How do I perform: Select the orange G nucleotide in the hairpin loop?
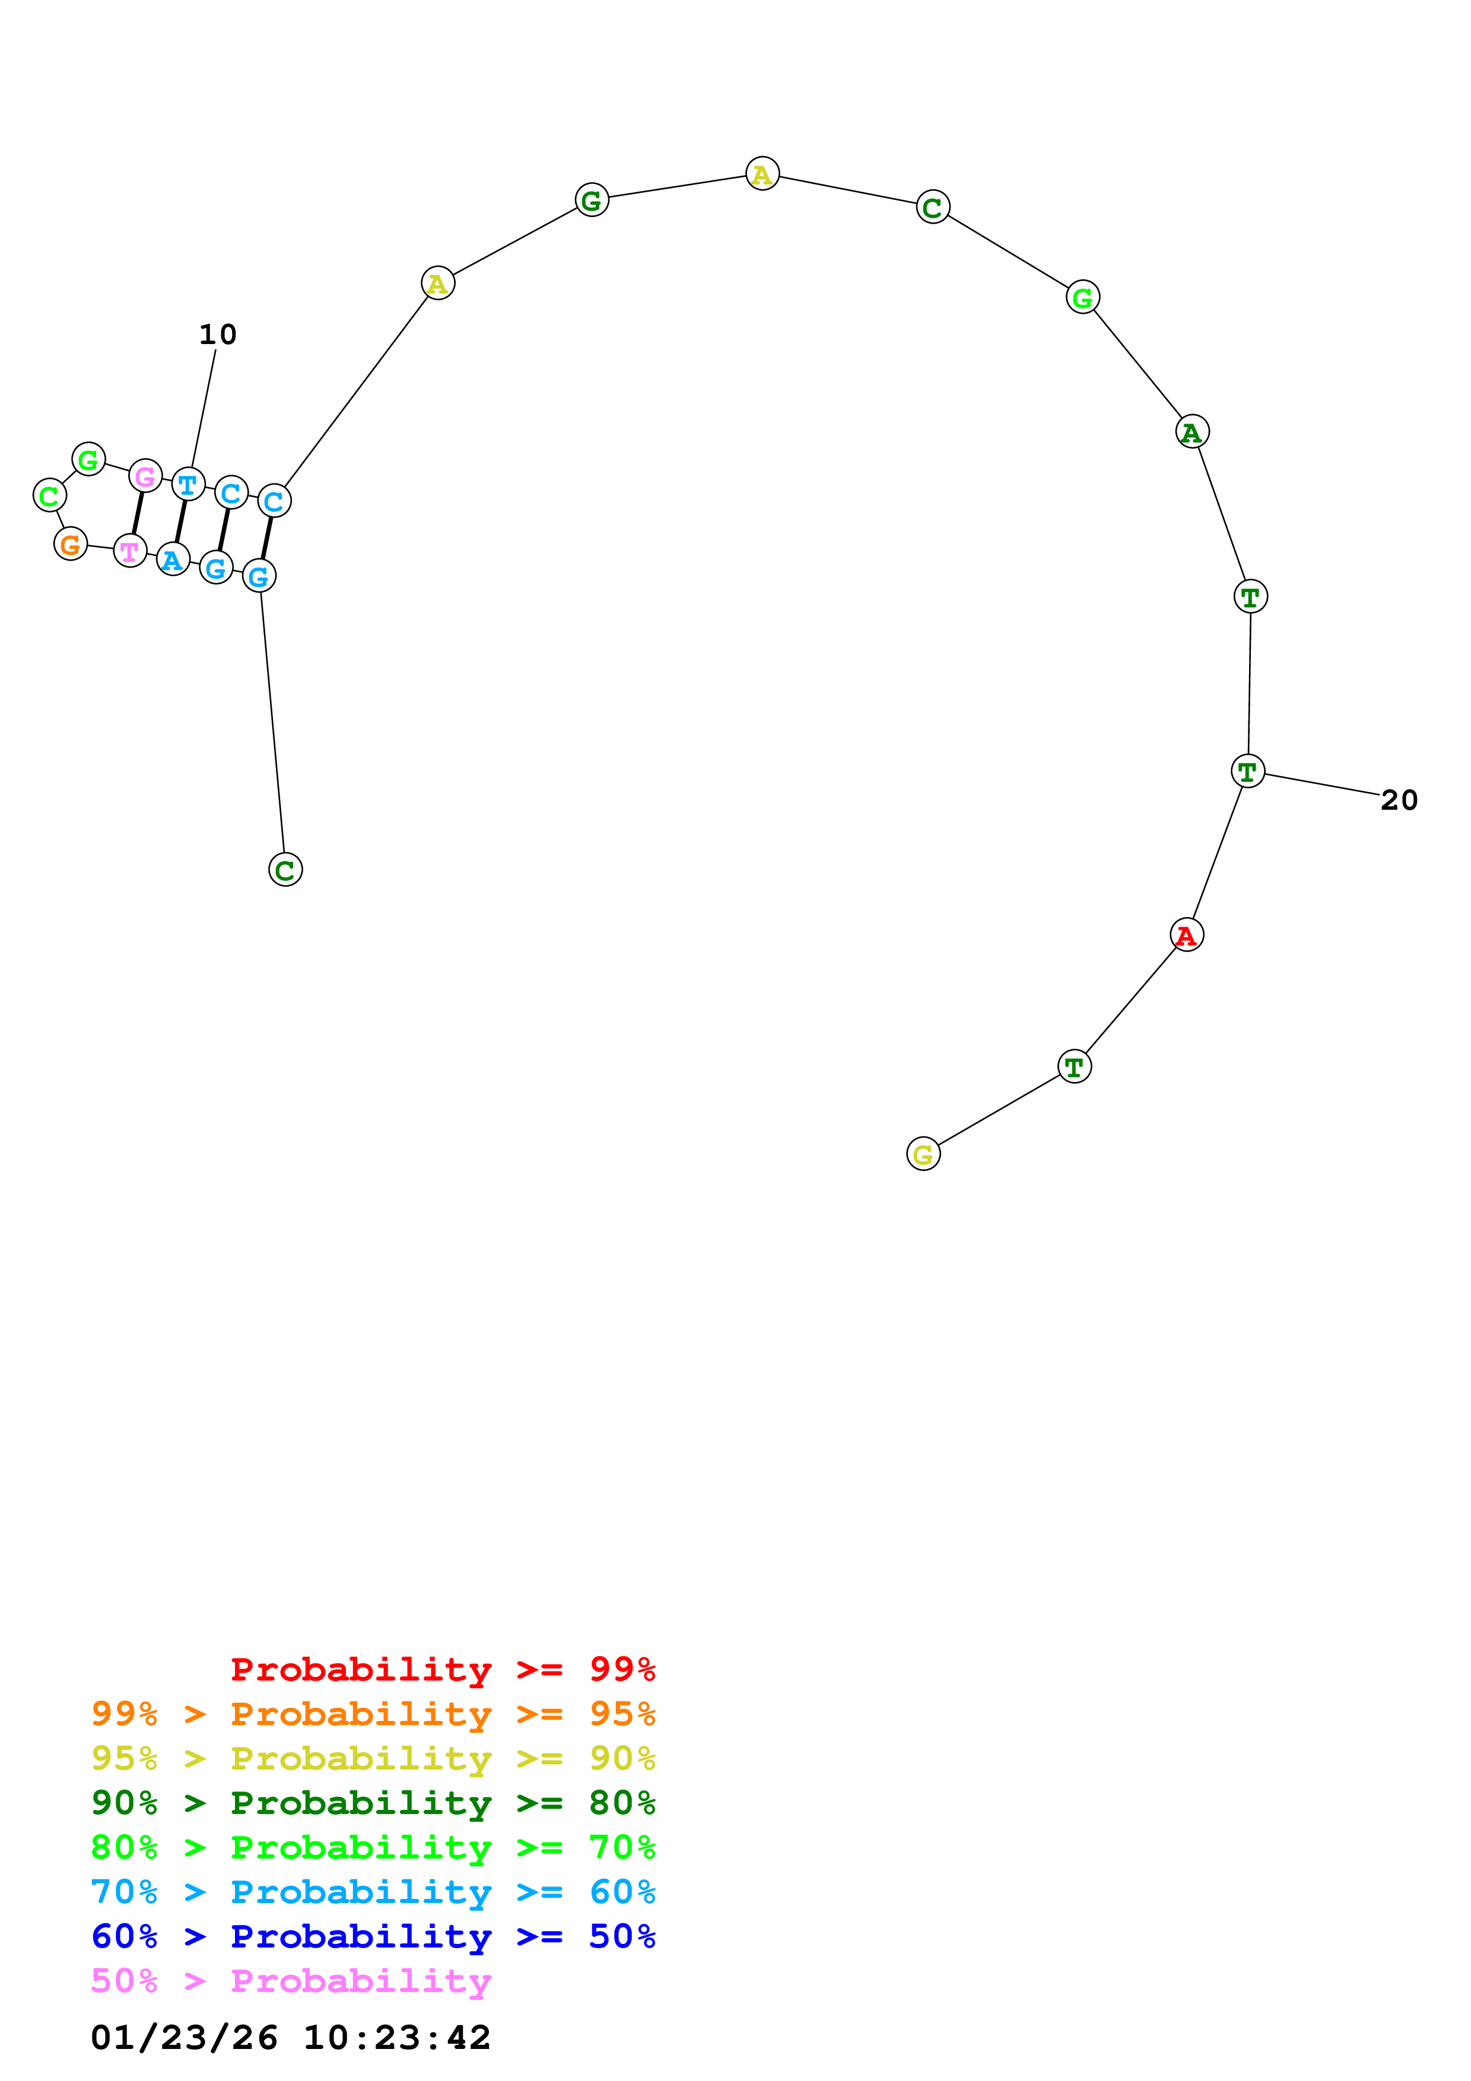[71, 544]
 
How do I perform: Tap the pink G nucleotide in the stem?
[145, 476]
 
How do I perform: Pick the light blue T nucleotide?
[188, 484]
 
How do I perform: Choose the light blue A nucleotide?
[172, 559]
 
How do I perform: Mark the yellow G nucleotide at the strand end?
[923, 1154]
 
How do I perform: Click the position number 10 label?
[218, 335]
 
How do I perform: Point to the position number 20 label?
[1399, 800]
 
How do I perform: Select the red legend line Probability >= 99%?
[442, 1669]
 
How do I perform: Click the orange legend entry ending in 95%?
[373, 1714]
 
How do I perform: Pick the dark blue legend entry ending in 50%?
[373, 1936]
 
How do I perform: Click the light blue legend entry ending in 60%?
[373, 1892]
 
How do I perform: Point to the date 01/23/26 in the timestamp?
[184, 2038]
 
